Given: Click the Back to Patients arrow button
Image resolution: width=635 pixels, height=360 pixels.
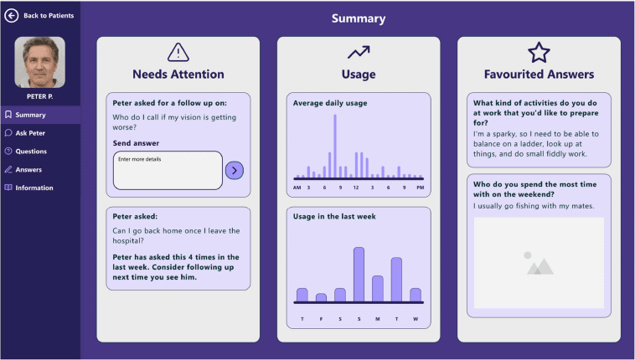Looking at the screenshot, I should click(12, 15).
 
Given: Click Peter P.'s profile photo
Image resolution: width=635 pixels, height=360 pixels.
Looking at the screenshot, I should click(39, 63).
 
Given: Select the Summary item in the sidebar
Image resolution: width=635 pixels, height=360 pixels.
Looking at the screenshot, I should click(30, 115).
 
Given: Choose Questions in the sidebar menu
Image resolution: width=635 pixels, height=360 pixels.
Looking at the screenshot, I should click(31, 152).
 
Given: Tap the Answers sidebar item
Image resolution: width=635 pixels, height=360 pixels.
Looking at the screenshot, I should click(28, 170).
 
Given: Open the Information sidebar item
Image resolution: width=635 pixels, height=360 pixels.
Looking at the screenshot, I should click(34, 188).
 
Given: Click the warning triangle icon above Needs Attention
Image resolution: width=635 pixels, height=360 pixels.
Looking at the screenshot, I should click(178, 53).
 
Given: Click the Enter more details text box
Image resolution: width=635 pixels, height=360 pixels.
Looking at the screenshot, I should click(168, 170).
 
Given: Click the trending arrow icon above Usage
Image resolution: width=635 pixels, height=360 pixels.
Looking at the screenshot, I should click(359, 53).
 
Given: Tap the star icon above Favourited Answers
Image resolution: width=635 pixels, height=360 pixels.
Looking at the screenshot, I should click(539, 53).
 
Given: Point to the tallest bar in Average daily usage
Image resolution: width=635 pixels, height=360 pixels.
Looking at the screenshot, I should click(335, 146).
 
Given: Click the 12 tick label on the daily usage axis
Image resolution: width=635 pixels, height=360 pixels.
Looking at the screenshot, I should click(356, 188).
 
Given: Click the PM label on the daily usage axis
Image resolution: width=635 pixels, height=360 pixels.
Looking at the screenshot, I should click(420, 188).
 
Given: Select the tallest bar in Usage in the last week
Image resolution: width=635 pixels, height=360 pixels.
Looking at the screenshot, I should click(359, 274).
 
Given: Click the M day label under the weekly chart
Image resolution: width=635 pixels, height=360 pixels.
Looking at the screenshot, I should click(378, 319).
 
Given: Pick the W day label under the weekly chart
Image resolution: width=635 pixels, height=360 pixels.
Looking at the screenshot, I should click(416, 319).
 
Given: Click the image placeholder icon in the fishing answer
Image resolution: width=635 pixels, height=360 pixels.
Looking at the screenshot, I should click(539, 262).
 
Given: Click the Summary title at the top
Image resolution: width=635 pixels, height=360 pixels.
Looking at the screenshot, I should click(358, 18).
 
